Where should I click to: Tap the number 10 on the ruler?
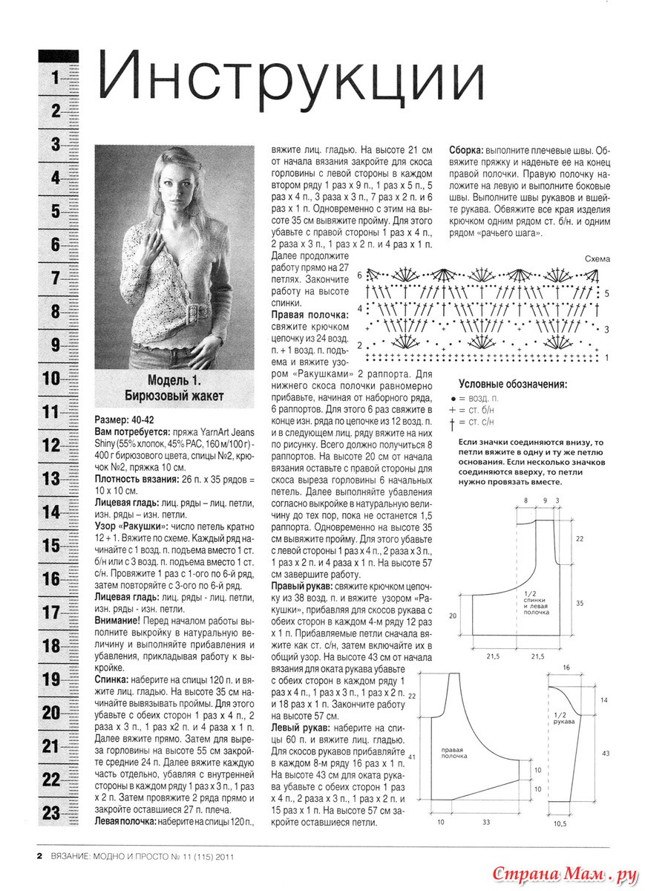(50, 379)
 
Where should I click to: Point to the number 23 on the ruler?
(50, 812)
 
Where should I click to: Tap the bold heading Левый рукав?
(300, 728)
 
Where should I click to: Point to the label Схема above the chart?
(596, 258)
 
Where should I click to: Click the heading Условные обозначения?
(513, 385)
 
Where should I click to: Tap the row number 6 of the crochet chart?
(359, 275)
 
